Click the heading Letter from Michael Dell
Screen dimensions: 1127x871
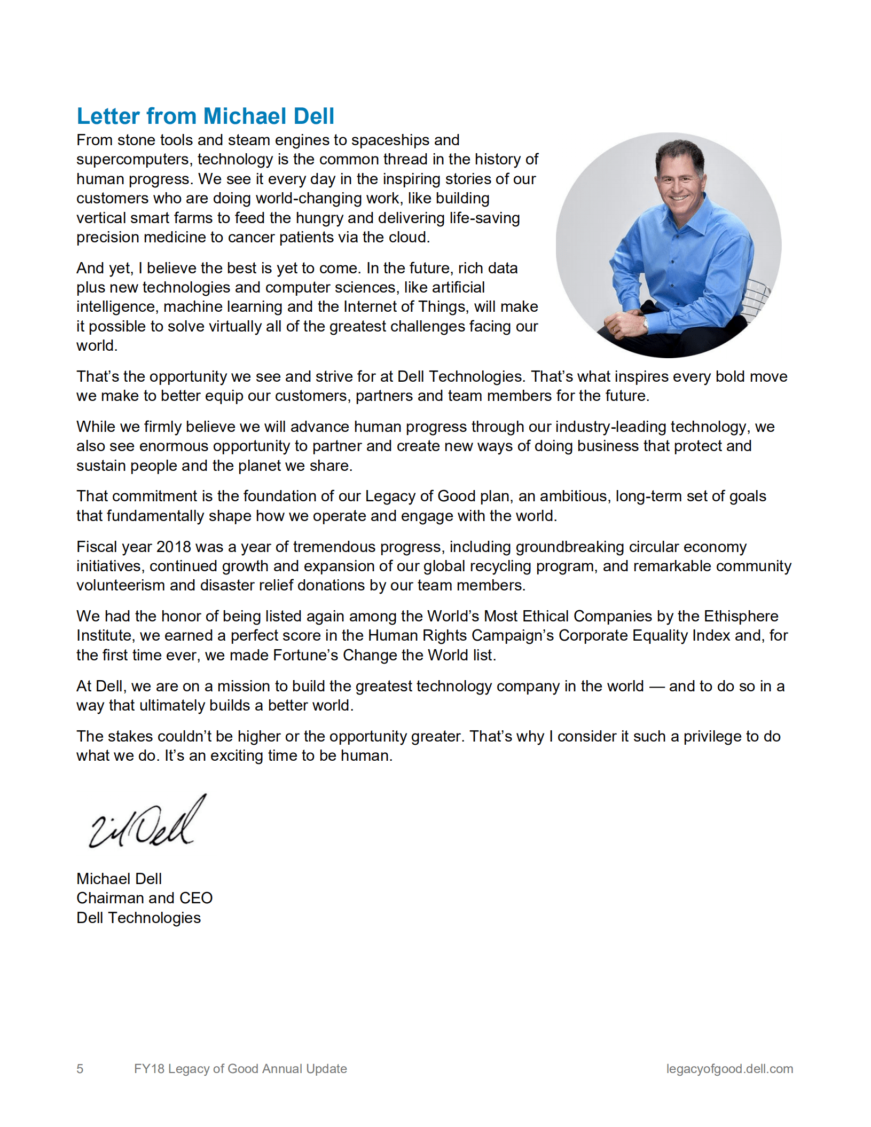pos(205,116)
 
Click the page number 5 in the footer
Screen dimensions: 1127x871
pos(80,1068)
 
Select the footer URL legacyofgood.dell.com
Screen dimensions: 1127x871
pos(729,1068)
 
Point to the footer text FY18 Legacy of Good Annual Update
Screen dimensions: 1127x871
pos(240,1068)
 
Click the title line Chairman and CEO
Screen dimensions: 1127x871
pos(144,898)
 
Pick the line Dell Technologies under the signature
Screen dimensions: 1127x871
pos(138,918)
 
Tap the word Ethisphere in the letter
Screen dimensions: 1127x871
pos(741,616)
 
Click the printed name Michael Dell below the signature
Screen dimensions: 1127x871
pos(119,879)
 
